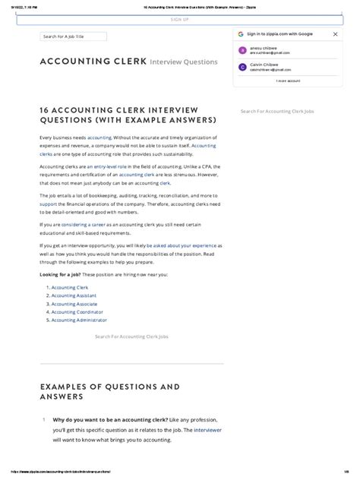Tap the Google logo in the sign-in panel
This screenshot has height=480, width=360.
pyautogui.click(x=241, y=35)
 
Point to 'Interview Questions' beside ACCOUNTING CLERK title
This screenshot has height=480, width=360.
pyautogui.click(x=184, y=62)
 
